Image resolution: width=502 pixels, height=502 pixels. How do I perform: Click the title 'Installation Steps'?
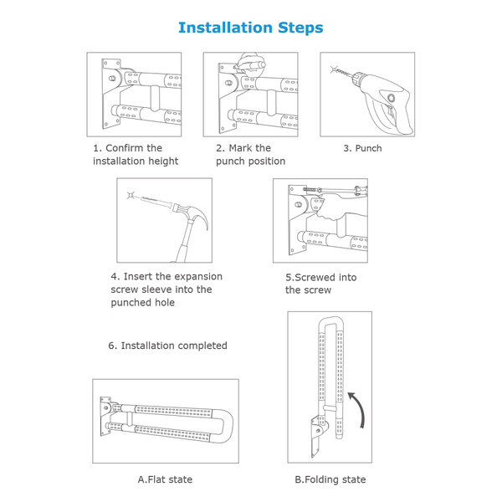251,28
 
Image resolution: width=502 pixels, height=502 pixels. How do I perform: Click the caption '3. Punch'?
362,148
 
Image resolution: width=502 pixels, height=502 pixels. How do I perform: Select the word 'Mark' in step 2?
241,148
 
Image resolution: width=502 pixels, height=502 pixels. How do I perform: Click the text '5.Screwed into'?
320,277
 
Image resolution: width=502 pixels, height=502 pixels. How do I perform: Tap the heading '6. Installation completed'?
168,346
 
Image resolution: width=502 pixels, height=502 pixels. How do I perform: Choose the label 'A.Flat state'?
165,479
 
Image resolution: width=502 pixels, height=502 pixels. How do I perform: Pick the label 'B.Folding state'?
330,479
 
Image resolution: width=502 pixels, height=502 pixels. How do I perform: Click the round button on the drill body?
391,98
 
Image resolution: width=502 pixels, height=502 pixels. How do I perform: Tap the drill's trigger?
390,112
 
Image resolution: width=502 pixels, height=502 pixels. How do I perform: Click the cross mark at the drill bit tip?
334,69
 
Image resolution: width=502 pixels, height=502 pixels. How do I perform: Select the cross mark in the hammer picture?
131,195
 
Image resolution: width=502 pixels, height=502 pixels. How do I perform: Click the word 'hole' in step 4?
164,302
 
